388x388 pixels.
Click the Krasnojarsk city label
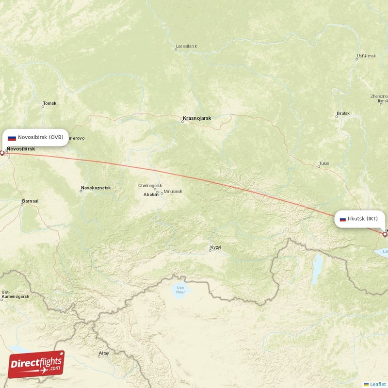coord(197,118)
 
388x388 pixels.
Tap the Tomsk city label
coord(50,103)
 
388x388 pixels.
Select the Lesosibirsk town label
coord(186,47)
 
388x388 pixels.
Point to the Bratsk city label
coord(343,113)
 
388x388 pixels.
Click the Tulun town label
coord(324,163)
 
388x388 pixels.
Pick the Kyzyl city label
coord(215,247)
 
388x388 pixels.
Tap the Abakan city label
coord(151,194)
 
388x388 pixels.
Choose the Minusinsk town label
coord(173,192)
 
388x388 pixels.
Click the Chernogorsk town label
coord(150,185)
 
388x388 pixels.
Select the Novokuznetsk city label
coord(96,188)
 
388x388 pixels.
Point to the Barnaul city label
coord(30,201)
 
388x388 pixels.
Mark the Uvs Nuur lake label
coord(181,290)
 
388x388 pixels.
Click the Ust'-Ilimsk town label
coord(366,56)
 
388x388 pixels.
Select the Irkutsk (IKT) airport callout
coord(359,219)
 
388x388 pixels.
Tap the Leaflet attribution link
coord(377,384)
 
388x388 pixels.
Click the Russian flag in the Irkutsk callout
coord(343,219)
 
